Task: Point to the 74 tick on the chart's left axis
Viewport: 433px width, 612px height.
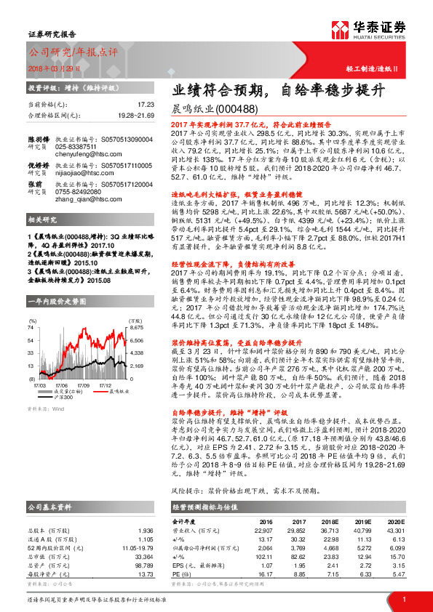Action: (x=31, y=328)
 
